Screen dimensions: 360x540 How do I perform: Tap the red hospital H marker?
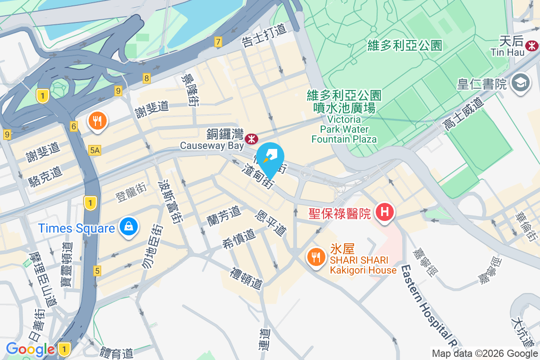point(385,211)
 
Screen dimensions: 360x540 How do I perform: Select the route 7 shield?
point(218,42)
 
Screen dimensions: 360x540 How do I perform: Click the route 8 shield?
point(147,78)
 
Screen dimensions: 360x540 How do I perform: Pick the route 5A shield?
point(94,151)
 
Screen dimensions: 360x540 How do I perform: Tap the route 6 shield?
point(74,126)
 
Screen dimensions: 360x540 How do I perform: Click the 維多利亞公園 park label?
point(405,45)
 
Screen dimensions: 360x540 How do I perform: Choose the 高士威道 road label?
point(463,114)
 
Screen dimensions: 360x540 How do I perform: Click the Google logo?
point(30,349)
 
